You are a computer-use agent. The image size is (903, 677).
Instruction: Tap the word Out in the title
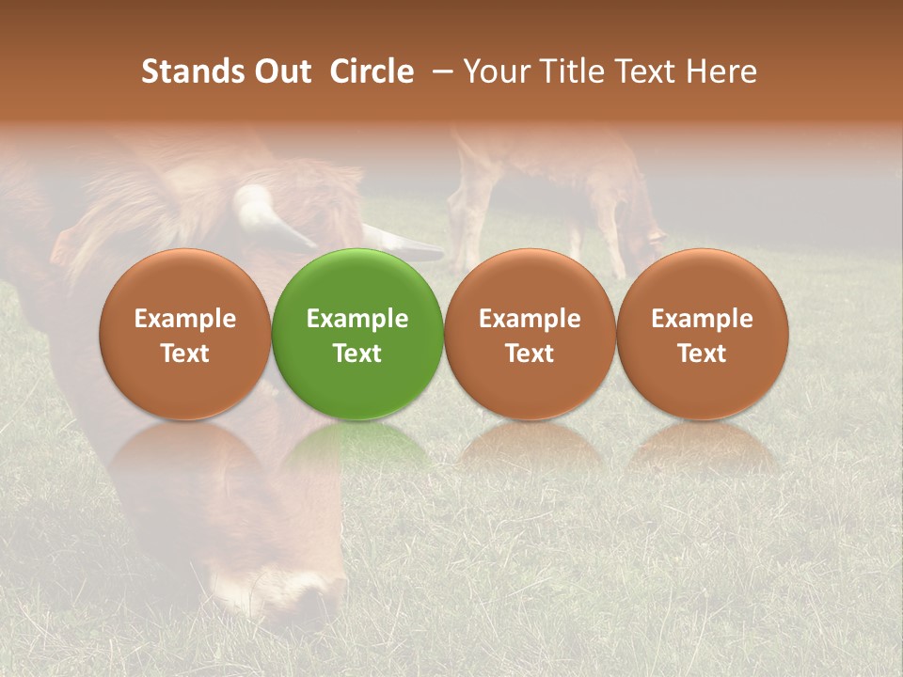click(280, 71)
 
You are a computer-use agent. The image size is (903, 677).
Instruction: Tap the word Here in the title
click(721, 71)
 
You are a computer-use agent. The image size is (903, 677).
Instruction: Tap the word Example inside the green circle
click(357, 319)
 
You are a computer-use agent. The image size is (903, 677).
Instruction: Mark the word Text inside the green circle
click(357, 354)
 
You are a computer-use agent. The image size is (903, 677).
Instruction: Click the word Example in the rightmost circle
click(702, 319)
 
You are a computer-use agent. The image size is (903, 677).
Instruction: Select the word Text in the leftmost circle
click(184, 354)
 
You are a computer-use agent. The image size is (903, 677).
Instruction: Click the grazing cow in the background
click(555, 188)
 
